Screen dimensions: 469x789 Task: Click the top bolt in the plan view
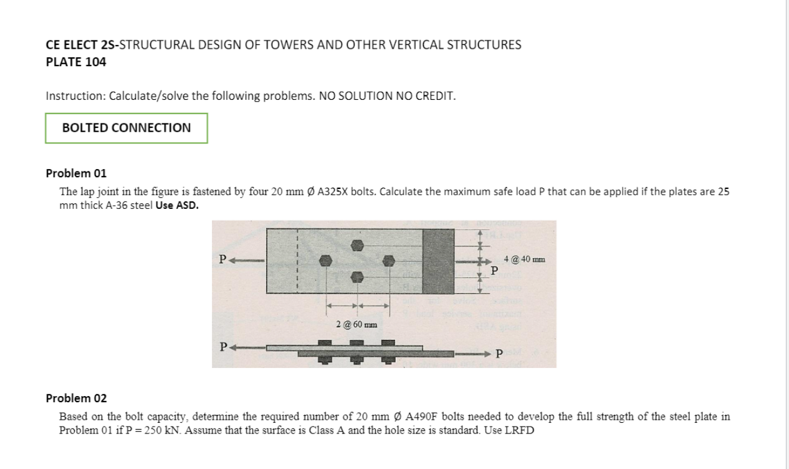(357, 245)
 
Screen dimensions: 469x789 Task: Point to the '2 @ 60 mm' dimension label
(356, 324)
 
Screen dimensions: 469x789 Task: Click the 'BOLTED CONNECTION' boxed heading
(127, 128)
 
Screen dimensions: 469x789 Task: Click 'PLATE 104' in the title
(76, 62)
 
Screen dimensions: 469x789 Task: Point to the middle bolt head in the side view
(356, 343)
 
